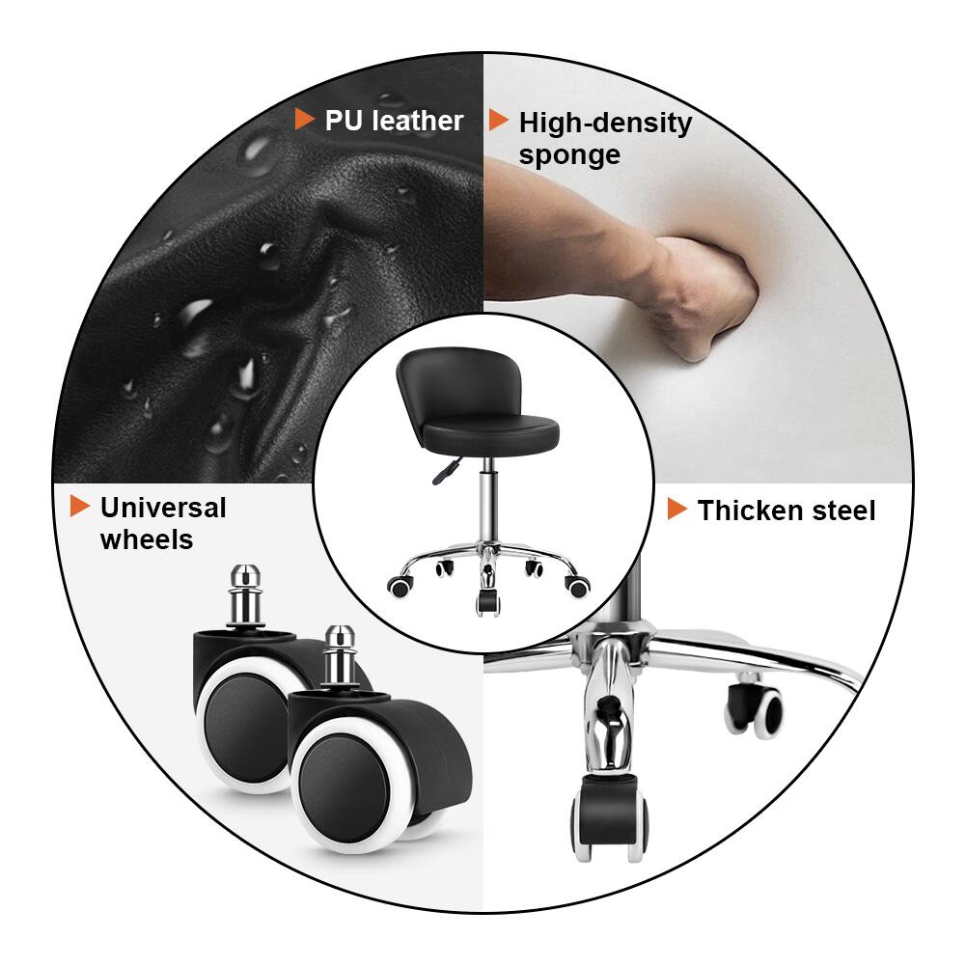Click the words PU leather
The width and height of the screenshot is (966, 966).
[x=394, y=121]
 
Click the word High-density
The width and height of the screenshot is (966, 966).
[x=605, y=124]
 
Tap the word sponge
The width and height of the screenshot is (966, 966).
[x=569, y=155]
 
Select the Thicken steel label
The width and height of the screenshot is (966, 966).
[x=787, y=511]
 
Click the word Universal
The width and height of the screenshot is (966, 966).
[x=162, y=508]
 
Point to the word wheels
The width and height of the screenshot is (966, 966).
[x=147, y=539]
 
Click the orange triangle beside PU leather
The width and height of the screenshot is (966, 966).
[x=305, y=120]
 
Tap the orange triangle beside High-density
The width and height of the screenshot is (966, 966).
[x=499, y=121]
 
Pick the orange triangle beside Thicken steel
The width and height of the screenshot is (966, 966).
[x=677, y=510]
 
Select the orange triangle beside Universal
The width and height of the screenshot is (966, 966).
[x=80, y=506]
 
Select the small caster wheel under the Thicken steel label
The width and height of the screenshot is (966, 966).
[x=758, y=709]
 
